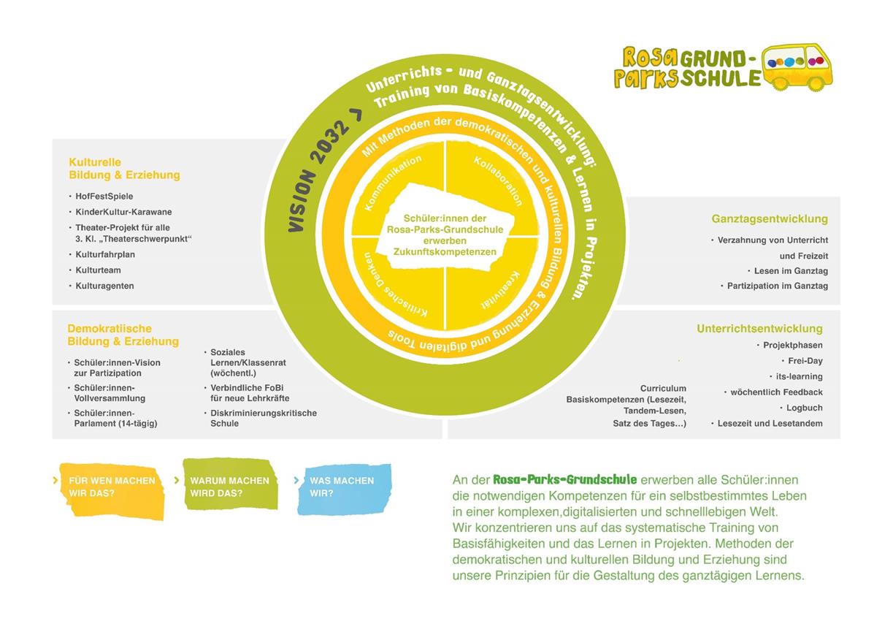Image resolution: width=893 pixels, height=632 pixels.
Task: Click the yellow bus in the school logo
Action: coord(797,66)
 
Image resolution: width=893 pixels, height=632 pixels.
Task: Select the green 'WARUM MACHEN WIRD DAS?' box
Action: coord(229,486)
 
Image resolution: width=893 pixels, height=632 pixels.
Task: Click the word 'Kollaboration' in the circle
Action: coord(498,180)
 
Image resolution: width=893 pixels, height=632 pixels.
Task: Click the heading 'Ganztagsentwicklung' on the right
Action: coord(770,218)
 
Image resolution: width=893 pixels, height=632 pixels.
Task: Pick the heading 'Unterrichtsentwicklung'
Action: coord(759,329)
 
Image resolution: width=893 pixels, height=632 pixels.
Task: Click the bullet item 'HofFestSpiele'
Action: coord(104,197)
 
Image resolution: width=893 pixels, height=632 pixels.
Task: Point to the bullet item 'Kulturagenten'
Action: coord(104,286)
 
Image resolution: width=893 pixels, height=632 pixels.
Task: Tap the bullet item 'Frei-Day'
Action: coord(805,361)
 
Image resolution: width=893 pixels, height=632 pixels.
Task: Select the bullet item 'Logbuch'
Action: coord(804,408)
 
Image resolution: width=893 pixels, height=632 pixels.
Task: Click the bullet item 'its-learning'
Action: coord(799,376)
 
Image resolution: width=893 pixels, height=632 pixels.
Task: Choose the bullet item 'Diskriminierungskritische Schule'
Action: coord(263,418)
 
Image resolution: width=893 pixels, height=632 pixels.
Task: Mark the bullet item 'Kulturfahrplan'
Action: coord(105,254)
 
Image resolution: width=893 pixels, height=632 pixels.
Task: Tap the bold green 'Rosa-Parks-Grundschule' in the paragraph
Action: coord(564,479)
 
